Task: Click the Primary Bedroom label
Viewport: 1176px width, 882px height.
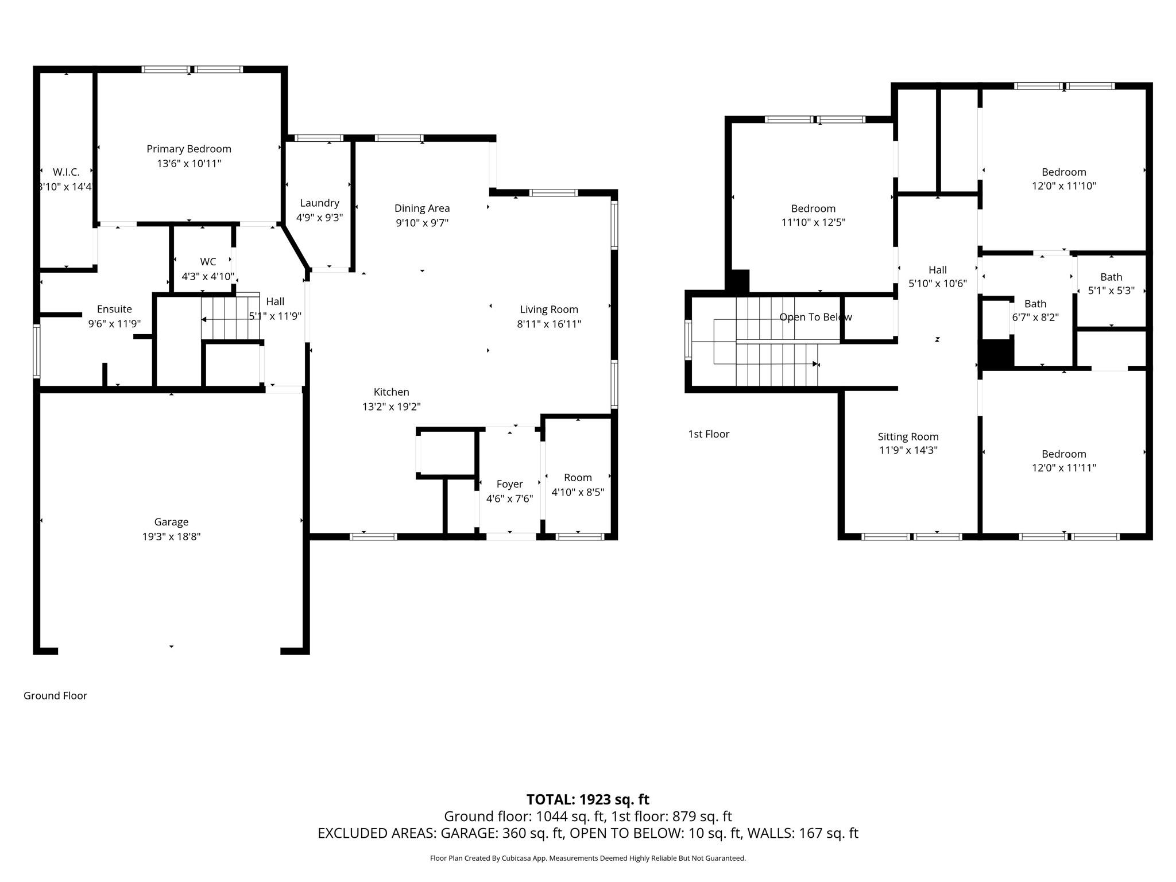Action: coord(189,149)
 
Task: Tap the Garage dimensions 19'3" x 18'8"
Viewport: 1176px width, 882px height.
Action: coord(171,536)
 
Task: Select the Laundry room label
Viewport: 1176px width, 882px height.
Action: coord(320,203)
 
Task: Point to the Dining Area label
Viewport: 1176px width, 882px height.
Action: coord(422,208)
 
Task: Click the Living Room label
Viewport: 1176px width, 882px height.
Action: coord(549,310)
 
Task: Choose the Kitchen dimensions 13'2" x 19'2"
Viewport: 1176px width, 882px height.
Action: coord(392,407)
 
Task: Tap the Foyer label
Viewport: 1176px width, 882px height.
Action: coord(510,484)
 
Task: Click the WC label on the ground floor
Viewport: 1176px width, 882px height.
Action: coord(208,262)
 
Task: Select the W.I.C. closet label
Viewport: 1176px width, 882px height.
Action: coord(66,172)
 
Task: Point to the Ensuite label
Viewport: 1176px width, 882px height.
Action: coord(114,309)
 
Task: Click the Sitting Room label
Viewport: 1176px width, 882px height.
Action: coord(908,436)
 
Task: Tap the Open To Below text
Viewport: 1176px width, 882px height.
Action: coord(815,317)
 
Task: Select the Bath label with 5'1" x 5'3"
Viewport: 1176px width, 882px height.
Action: coord(1112,277)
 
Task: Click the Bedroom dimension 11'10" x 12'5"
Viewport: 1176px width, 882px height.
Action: coord(813,222)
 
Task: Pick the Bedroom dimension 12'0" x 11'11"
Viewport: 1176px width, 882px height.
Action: coord(1064,467)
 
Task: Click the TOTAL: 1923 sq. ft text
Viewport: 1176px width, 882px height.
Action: coord(588,799)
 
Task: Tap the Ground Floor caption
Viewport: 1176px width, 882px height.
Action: coord(55,695)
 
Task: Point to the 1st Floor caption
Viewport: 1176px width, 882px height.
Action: coord(709,434)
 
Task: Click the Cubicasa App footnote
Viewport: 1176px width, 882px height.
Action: coord(588,858)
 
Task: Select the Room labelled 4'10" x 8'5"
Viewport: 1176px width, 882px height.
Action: coord(578,478)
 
